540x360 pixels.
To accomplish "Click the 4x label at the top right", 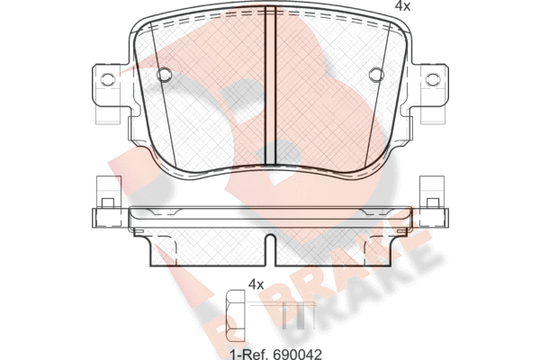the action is (402, 6).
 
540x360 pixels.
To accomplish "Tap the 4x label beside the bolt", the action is (256, 284).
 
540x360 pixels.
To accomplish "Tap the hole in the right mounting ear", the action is (433, 79).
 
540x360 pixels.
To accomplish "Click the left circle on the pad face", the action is (164, 74).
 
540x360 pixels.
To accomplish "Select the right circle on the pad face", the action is (376, 74).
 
